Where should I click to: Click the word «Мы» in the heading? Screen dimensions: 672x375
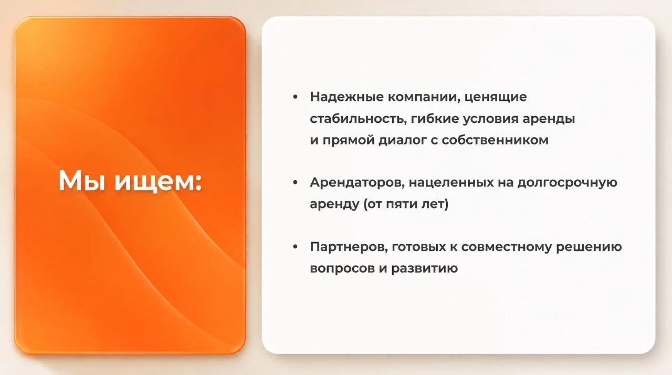[x=81, y=180]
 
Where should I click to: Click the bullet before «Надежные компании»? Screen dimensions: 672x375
[x=295, y=97]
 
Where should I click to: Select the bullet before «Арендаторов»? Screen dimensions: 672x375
[x=295, y=182]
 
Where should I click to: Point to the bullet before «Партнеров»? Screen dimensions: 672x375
[x=295, y=247]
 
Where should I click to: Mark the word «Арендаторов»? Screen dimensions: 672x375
[x=358, y=182]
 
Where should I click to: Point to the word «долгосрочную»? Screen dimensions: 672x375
[x=568, y=183]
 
